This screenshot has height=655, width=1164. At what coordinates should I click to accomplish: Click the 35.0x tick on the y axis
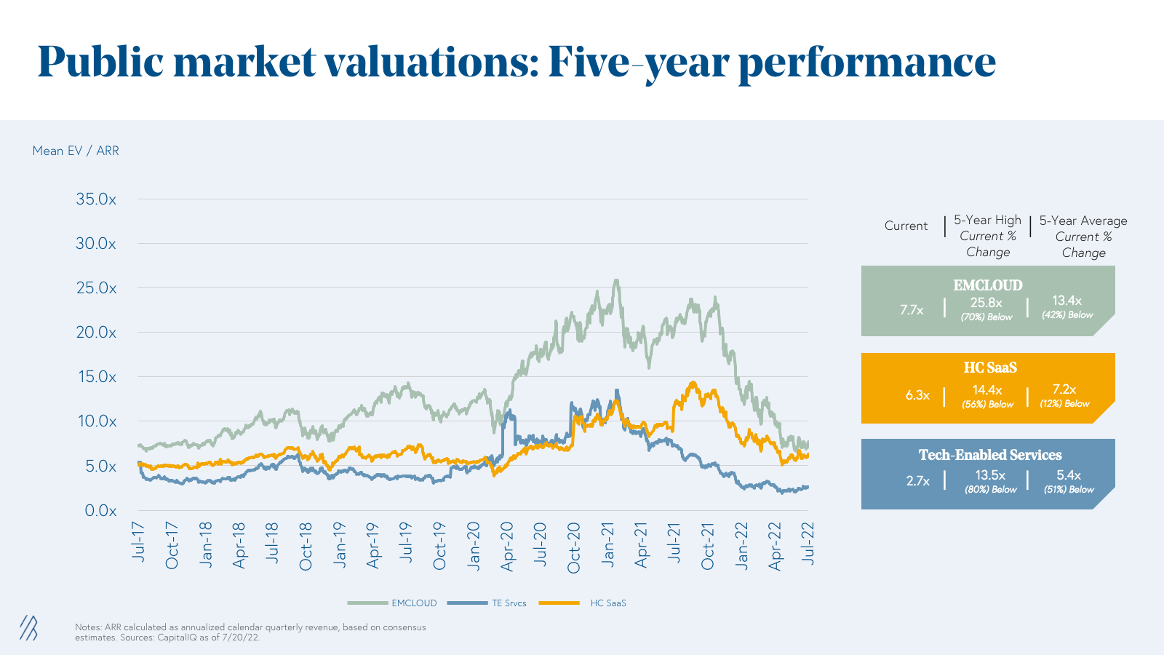pos(96,199)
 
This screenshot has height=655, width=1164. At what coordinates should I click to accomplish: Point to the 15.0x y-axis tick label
pos(96,377)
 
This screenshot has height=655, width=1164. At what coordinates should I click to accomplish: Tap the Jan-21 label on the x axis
pos(608,544)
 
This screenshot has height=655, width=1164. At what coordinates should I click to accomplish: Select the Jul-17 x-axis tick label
pos(138,541)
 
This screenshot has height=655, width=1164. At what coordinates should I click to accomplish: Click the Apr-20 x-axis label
pos(507,546)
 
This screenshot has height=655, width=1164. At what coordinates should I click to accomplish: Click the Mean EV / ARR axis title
pos(76,151)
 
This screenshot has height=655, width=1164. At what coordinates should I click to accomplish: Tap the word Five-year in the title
pos(638,62)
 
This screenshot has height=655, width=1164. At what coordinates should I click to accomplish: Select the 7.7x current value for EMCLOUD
pos(912,310)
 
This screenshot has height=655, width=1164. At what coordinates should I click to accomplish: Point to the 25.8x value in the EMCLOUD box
pos(986,303)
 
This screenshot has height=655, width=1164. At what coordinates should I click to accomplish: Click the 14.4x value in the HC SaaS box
pos(987,390)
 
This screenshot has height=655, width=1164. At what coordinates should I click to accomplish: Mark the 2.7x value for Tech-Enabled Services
pos(918,481)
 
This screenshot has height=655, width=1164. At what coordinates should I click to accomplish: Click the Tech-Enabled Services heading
pos(990,455)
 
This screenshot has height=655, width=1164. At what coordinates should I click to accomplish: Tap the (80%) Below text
pos(991,490)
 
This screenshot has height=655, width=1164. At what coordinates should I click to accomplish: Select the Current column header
pos(906,226)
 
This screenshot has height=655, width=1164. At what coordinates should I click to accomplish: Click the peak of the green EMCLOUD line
pos(616,280)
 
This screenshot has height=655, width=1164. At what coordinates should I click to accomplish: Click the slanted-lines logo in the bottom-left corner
pos(28,628)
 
